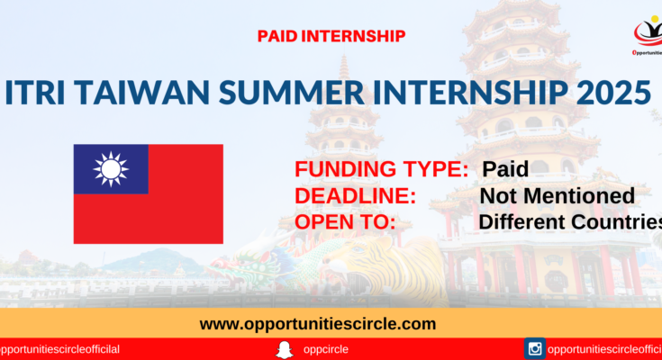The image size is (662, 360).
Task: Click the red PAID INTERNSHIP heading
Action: [331, 36]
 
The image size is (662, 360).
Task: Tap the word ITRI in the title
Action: [35, 93]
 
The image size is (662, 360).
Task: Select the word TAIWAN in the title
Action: [143, 93]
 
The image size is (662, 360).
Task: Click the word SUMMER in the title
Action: [291, 93]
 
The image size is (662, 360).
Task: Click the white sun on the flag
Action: [111, 169]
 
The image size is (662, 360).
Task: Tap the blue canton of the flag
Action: [111, 169]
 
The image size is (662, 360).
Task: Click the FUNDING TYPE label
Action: [382, 169]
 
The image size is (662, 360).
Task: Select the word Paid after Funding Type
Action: [505, 169]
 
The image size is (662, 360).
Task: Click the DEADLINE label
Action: [356, 196]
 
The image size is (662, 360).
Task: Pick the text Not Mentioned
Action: [558, 196]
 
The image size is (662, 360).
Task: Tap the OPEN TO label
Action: [345, 222]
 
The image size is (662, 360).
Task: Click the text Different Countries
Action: [570, 222]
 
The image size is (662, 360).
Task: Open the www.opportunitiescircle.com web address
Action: [318, 324]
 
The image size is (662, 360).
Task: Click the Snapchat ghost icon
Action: [285, 350]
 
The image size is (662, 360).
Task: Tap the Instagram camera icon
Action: [535, 348]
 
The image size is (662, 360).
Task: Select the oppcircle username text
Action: [326, 349]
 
